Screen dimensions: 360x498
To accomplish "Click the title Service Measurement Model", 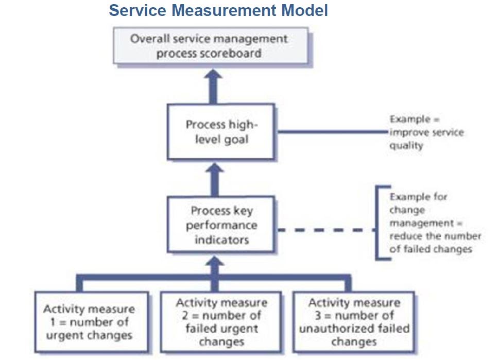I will [218, 11].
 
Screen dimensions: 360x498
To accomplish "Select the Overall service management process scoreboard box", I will [211, 46].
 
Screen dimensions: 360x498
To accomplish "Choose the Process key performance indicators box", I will [221, 225].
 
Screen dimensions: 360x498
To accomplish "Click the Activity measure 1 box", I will [91, 322].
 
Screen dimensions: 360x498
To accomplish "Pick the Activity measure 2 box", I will [221, 322].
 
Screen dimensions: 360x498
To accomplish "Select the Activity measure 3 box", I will [353, 322].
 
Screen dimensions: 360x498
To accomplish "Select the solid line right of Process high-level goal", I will [330, 132].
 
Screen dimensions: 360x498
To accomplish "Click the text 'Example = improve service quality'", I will [426, 132].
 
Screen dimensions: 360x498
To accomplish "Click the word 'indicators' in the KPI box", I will [221, 239].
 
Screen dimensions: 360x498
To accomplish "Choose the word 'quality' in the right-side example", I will [406, 145].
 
